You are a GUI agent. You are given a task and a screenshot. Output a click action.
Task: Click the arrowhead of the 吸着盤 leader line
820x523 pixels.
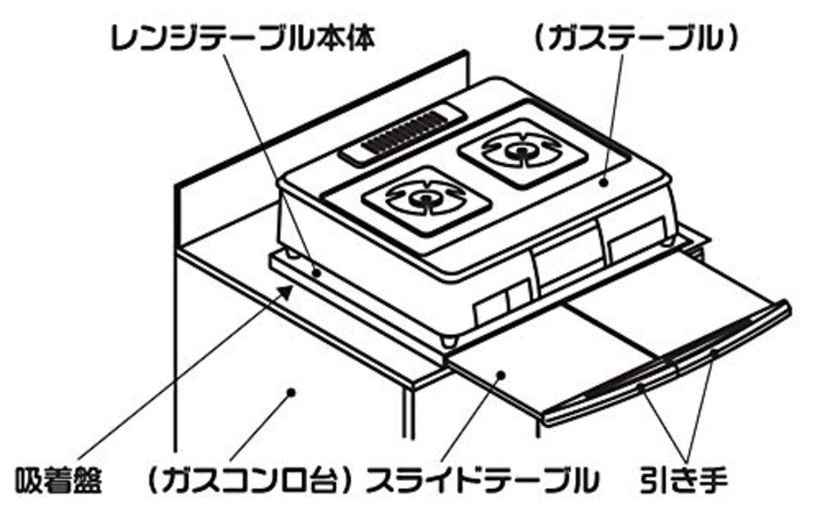click(289, 291)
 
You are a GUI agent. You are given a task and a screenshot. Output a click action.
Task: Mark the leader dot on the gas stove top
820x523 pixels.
click(603, 182)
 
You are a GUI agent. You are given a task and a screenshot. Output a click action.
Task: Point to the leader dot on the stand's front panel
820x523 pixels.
click(291, 391)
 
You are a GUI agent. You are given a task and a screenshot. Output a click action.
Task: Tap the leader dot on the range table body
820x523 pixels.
click(316, 272)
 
